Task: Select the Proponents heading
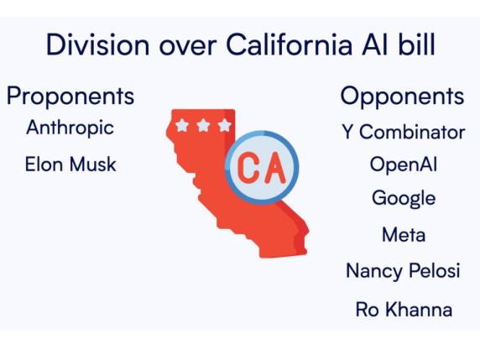coord(70,97)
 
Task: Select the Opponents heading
coord(402,97)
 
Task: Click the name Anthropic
coord(70,128)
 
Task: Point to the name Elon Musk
coord(70,164)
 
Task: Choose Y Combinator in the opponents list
coord(403,132)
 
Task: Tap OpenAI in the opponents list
coord(403,164)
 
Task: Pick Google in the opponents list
coord(403,199)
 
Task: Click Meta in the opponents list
coord(403,235)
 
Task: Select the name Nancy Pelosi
coord(403,271)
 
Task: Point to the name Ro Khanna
coord(403,309)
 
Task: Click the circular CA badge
coord(261,167)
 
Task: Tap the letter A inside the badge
coord(274,167)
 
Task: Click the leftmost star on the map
coord(182,126)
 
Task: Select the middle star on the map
coord(203,125)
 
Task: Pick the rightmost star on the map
coord(224,125)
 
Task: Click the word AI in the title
coord(373,44)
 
